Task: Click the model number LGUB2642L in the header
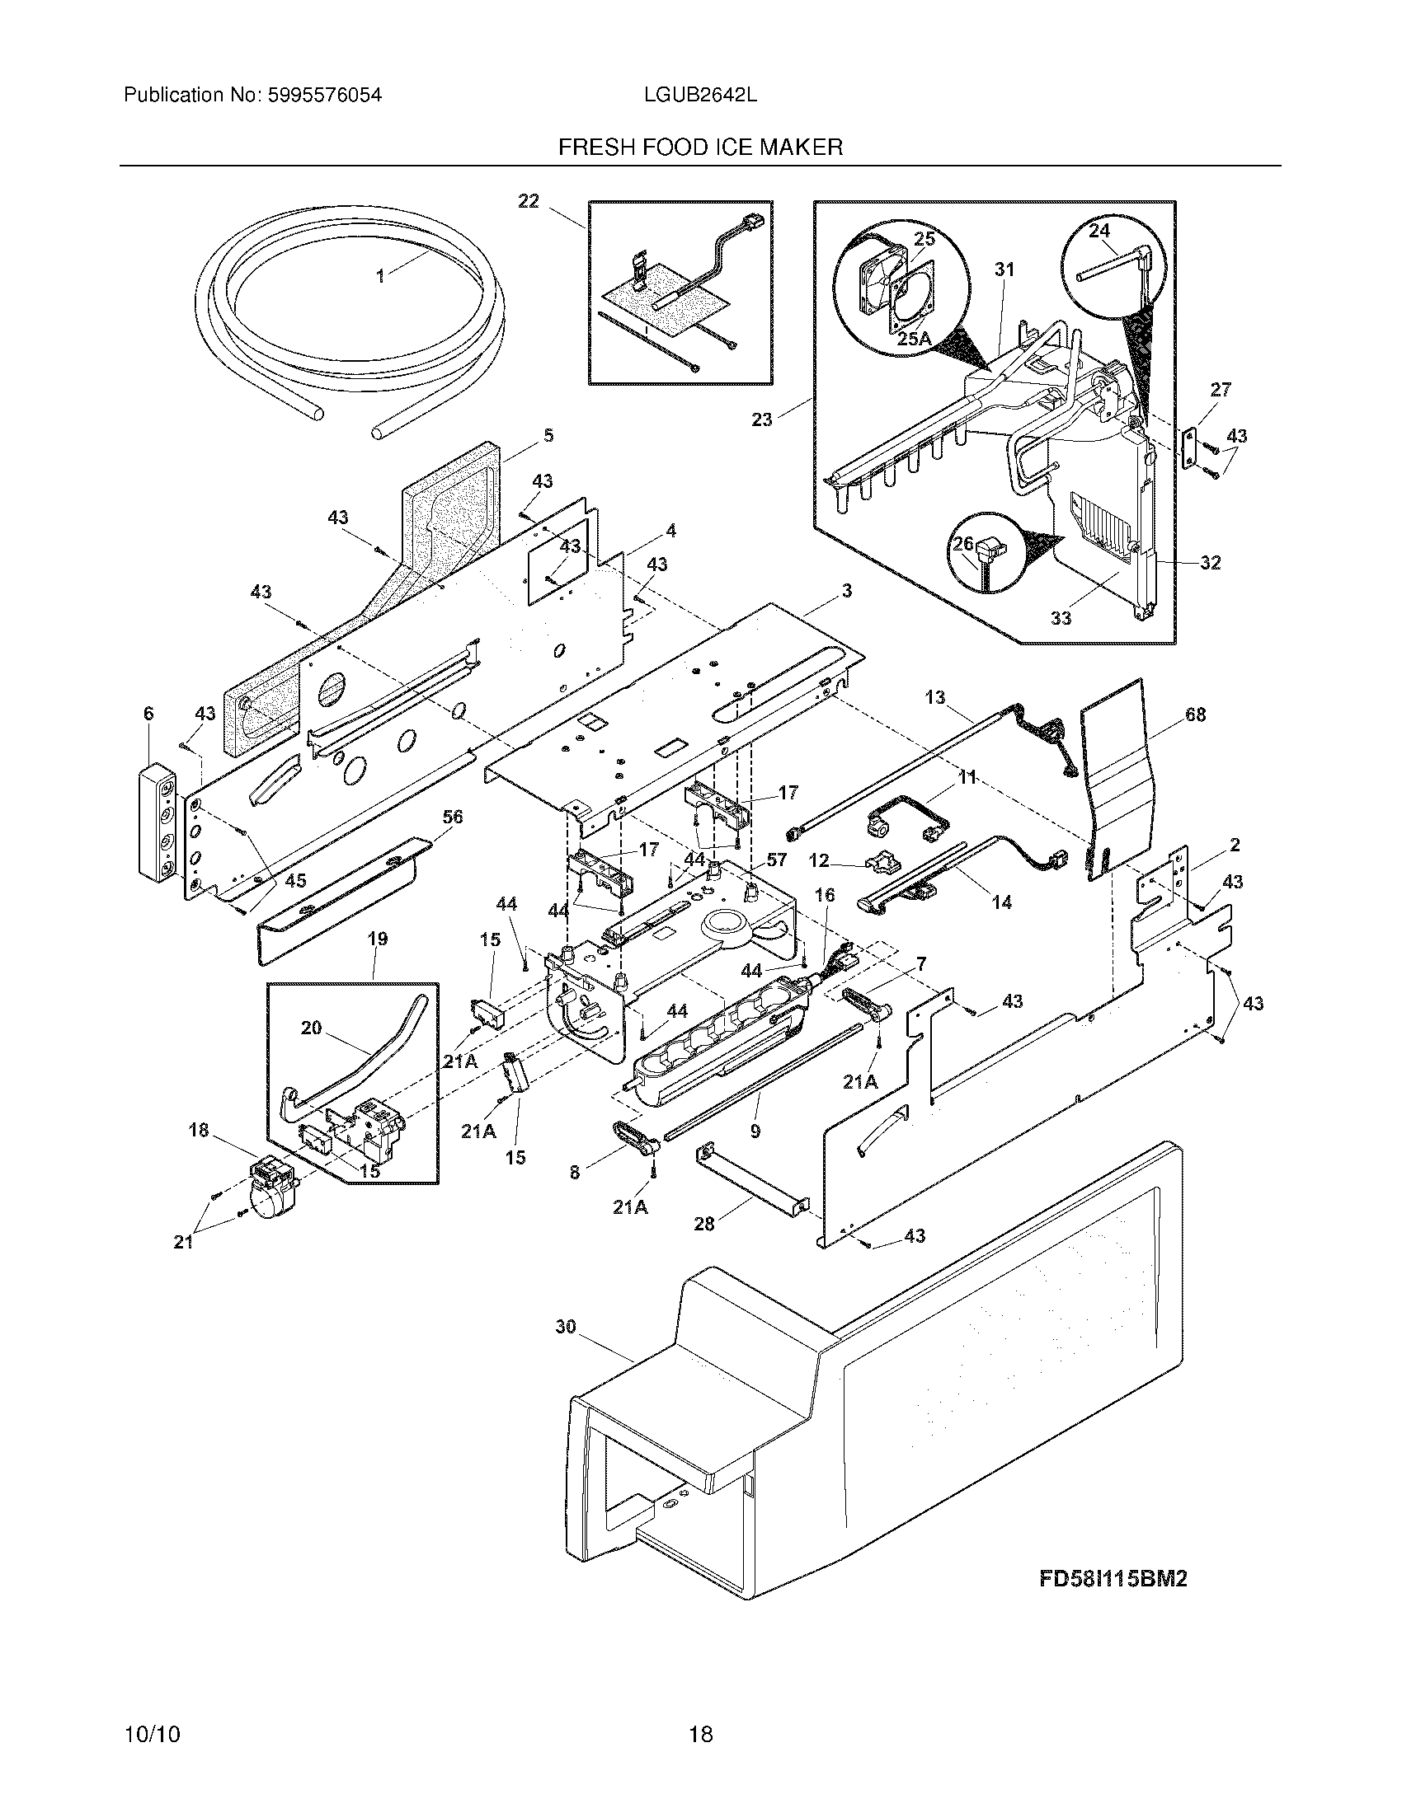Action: pyautogui.click(x=699, y=95)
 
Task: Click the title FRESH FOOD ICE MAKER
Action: pyautogui.click(x=700, y=148)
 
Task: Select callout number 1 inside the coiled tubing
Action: pyautogui.click(x=380, y=277)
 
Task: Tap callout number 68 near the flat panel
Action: pyautogui.click(x=1195, y=714)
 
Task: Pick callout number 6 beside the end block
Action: pyautogui.click(x=148, y=713)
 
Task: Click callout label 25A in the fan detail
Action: pyautogui.click(x=914, y=339)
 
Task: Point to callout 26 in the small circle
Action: pyautogui.click(x=962, y=545)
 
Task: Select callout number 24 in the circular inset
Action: pyautogui.click(x=1099, y=230)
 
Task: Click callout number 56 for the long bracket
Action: pyautogui.click(x=452, y=817)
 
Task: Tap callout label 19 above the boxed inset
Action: pyautogui.click(x=378, y=939)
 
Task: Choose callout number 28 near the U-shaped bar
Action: pyautogui.click(x=703, y=1224)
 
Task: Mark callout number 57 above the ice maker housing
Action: pyautogui.click(x=776, y=860)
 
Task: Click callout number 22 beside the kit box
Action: pyautogui.click(x=529, y=201)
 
